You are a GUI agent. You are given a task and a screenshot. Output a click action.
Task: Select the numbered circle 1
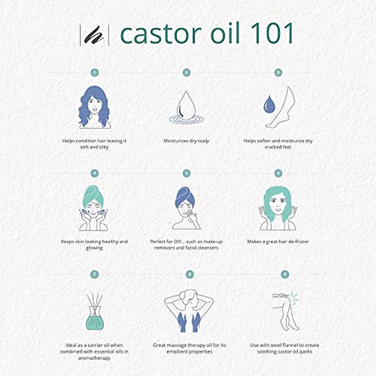click(x=94, y=73)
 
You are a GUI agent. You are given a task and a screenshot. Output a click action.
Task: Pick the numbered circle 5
click(x=186, y=173)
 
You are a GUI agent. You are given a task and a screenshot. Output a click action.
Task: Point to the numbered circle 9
click(x=285, y=274)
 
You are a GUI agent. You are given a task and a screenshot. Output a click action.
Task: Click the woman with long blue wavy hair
click(x=94, y=107)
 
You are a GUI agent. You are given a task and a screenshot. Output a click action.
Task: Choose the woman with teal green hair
click(x=278, y=207)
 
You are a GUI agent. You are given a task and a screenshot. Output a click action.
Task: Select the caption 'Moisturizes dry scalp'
click(x=186, y=141)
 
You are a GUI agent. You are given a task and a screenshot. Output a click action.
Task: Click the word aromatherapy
click(x=94, y=358)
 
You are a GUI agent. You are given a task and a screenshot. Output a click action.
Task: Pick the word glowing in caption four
click(x=94, y=248)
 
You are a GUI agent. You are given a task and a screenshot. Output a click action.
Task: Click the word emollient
click(x=178, y=352)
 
